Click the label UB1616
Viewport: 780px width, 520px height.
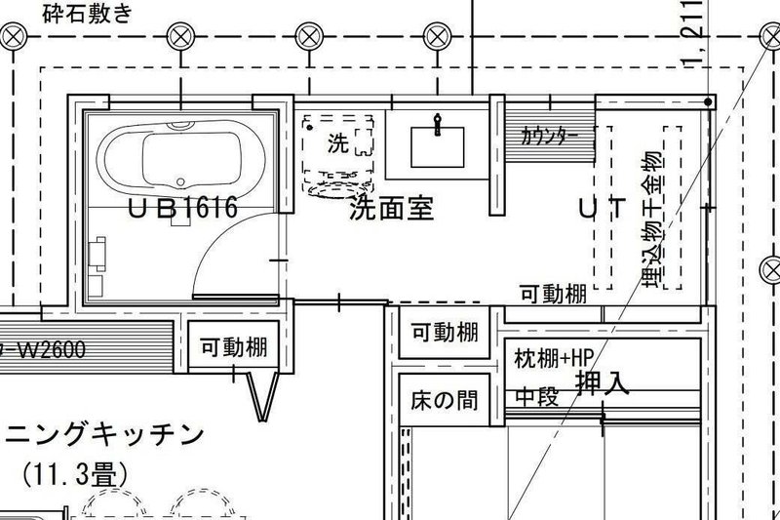tap(183, 207)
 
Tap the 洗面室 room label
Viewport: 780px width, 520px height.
tap(391, 207)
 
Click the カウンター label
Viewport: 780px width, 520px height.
tap(550, 136)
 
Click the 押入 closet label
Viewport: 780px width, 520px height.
tap(602, 381)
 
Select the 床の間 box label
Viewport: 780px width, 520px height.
tap(443, 400)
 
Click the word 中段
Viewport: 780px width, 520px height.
tap(535, 397)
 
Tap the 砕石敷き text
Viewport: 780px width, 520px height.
tap(86, 13)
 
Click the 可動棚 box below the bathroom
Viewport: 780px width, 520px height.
tap(232, 346)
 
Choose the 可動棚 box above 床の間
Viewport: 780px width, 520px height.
tap(443, 333)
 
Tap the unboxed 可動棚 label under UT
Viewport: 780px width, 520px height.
tap(552, 293)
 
